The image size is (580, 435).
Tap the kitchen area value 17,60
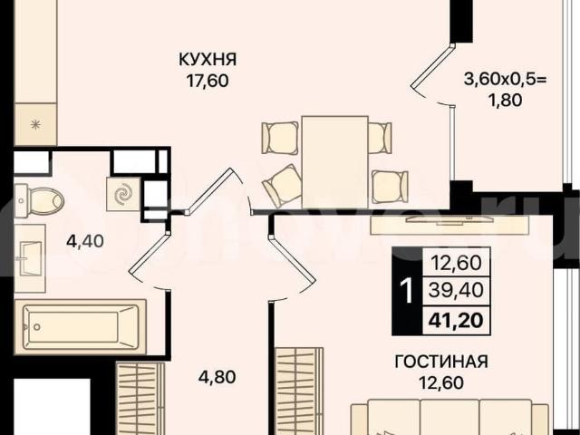coord(208,81)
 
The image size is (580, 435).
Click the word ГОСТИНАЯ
coord(441,362)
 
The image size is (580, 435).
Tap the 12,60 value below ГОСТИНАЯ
coord(441,382)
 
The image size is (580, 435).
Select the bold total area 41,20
coord(458,318)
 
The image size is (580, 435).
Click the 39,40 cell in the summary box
coord(458,291)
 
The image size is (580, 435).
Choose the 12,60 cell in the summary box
coord(458,265)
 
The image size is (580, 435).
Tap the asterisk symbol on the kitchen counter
coord(35,122)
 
